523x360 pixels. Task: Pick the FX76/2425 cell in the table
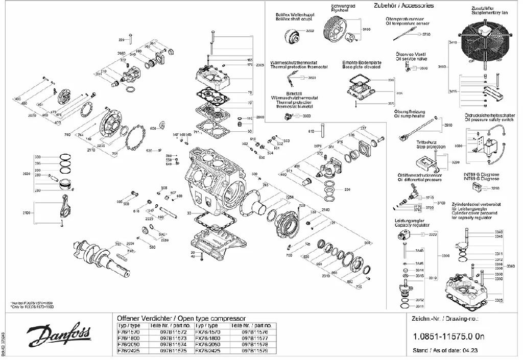[x=208, y=351]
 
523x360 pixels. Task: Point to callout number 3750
[x=426, y=34]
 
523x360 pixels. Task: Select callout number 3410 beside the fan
[x=453, y=43]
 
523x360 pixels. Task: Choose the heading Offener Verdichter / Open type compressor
[x=182, y=319]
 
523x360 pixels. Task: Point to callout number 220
[x=122, y=39]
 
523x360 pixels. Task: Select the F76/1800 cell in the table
[x=129, y=338]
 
